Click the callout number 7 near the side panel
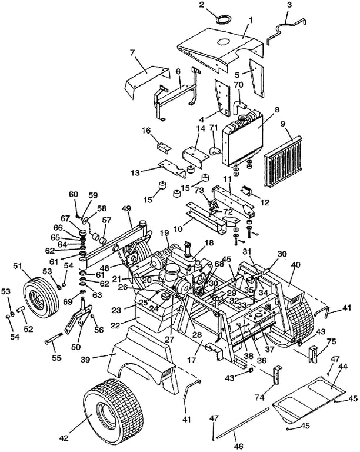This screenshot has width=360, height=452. click(x=133, y=54)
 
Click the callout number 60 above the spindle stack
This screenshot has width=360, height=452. click(x=74, y=195)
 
